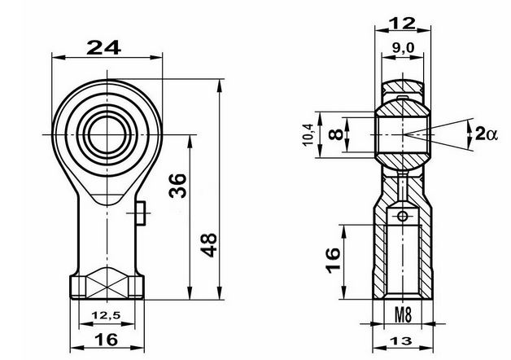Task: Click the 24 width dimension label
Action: pyautogui.click(x=103, y=47)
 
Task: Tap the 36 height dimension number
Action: pyautogui.click(x=178, y=186)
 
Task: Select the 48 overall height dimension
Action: pyautogui.click(x=208, y=245)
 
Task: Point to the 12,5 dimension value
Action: pyautogui.click(x=107, y=315)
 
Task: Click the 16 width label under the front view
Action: pyautogui.click(x=107, y=340)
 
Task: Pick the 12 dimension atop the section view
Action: pyautogui.click(x=403, y=23)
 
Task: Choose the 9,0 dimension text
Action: pyautogui.click(x=403, y=48)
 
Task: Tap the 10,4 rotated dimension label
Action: pyautogui.click(x=308, y=135)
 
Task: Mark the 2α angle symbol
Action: pyautogui.click(x=487, y=134)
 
